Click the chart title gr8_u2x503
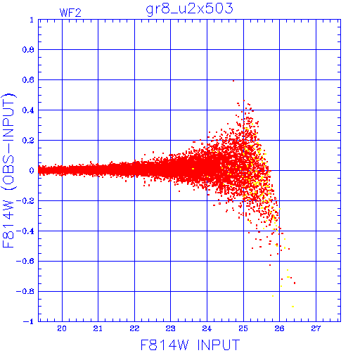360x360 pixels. (189, 9)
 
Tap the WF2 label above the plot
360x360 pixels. (70, 13)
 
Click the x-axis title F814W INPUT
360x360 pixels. (190, 345)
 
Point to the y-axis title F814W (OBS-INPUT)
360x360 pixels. (8, 170)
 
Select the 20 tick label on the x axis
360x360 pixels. (62, 328)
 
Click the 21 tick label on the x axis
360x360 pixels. (98, 328)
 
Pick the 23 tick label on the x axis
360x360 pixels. (170, 328)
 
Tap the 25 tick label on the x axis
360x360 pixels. (243, 328)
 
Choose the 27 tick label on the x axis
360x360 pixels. (316, 328)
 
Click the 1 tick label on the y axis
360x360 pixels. (32, 20)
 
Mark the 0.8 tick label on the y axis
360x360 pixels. (28, 50)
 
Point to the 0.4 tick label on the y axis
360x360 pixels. (28, 110)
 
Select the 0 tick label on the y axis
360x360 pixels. (32, 170)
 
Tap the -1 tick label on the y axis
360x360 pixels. (29, 321)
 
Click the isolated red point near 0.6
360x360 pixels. (233, 81)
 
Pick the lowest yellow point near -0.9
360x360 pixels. (292, 307)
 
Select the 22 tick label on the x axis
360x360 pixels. (134, 328)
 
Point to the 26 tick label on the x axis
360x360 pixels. (279, 328)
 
